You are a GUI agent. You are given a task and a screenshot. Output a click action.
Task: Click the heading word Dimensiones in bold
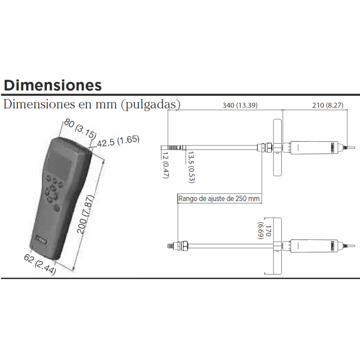coord(53,85)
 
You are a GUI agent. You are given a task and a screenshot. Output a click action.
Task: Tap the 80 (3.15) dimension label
coord(80,128)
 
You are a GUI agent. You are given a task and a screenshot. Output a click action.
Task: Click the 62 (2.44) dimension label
coord(40,265)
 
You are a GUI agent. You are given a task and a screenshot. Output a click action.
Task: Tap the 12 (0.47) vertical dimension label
coord(165,165)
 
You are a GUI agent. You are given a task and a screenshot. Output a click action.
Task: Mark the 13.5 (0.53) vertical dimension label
coord(191,167)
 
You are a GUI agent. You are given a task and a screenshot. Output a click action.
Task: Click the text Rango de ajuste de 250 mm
coord(219,198)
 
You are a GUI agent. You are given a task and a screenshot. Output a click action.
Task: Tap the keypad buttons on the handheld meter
coord(53,191)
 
